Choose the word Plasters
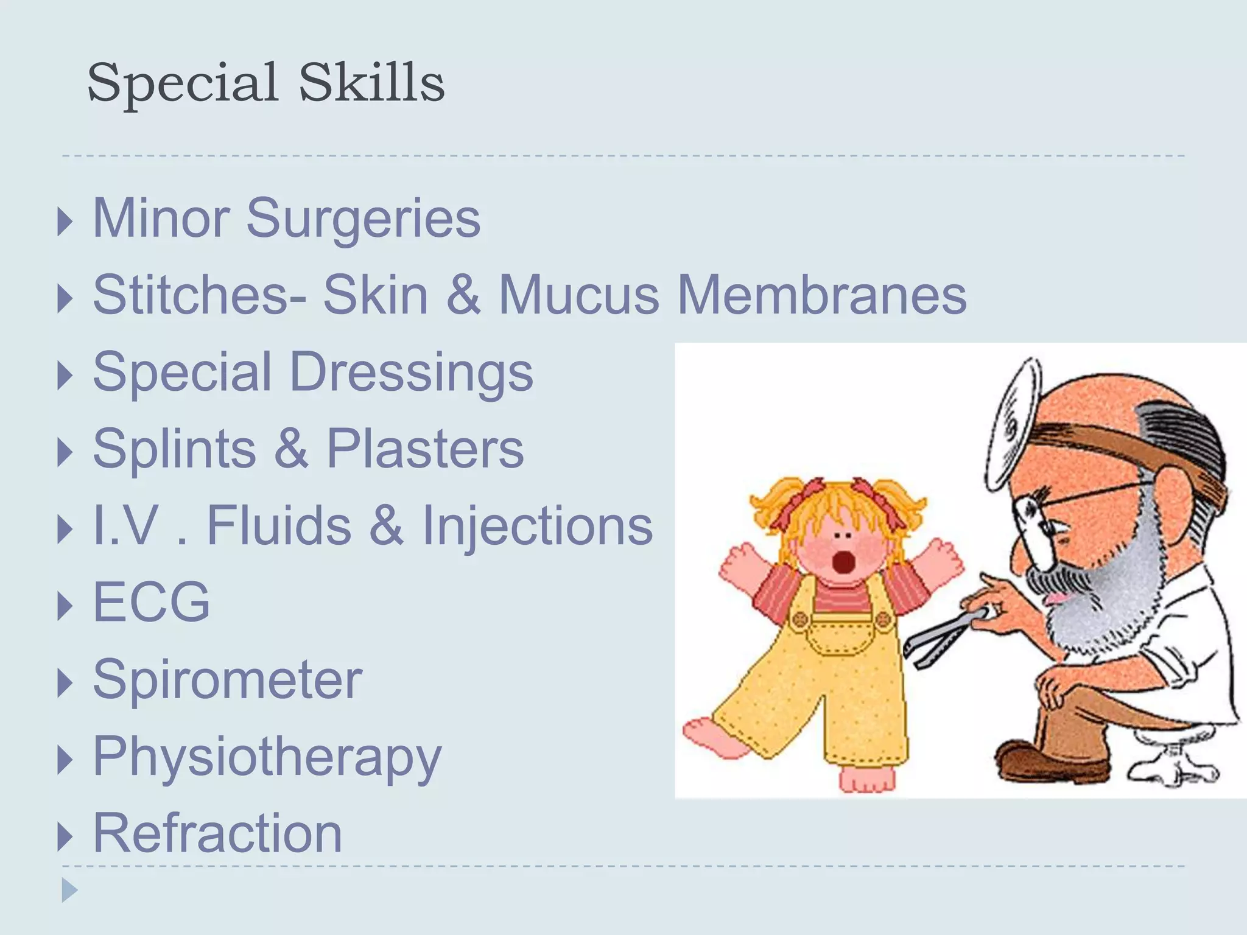(x=425, y=449)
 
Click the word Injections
(x=537, y=525)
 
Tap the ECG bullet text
(x=151, y=602)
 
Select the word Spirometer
(x=227, y=679)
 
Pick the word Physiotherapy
(x=267, y=758)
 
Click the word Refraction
(x=217, y=833)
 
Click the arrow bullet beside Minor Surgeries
(x=65, y=222)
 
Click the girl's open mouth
(x=843, y=561)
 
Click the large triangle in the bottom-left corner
(x=69, y=890)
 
